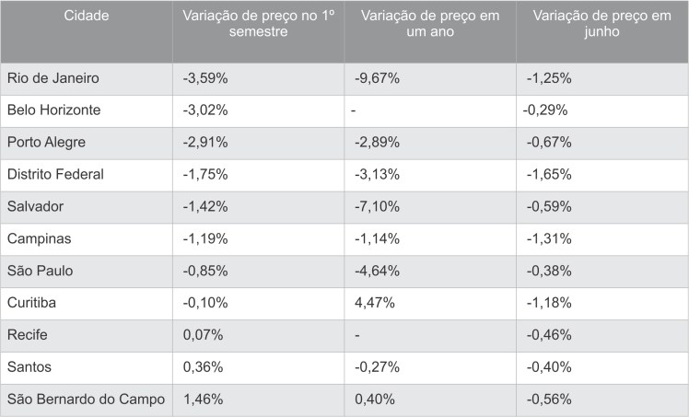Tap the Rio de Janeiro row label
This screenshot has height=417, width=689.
pos(53,78)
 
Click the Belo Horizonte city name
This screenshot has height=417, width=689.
pos(53,110)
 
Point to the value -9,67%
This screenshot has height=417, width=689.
pos(377,78)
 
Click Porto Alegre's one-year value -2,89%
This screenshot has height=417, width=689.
pos(377,143)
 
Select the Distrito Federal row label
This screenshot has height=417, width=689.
pos(55,175)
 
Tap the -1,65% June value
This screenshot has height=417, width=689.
pos(548,175)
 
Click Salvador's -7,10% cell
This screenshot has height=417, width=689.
pos(377,207)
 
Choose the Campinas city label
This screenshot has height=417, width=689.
pos(39,239)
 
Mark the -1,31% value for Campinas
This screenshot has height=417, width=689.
pos(548,239)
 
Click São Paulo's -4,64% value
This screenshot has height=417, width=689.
pos(377,272)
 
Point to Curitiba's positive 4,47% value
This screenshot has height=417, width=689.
pos(375,303)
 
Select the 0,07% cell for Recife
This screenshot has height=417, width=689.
pos(204,335)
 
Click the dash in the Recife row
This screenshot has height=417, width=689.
pos(356,335)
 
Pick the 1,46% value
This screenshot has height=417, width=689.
pos(204,400)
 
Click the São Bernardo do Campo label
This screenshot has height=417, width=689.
pos(86,400)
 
